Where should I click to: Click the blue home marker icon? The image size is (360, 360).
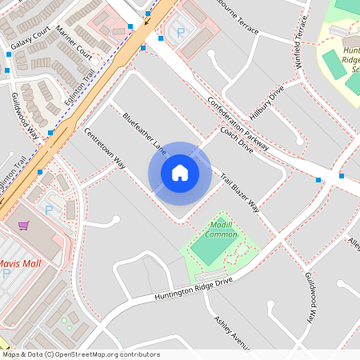[x=179, y=173]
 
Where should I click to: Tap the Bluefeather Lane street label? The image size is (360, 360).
[x=145, y=133]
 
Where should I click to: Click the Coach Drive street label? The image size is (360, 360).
[x=236, y=139]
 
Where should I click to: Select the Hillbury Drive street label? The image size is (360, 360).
[x=267, y=101]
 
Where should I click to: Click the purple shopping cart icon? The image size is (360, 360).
[x=24, y=226]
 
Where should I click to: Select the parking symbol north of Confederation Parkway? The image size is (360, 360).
[x=180, y=33]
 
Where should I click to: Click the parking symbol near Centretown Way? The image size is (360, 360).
[x=48, y=210]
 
